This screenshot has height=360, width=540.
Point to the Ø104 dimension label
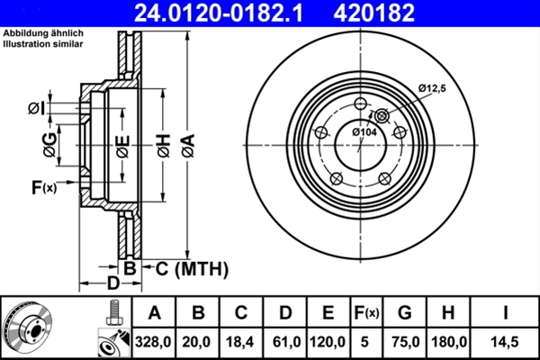click(364, 132)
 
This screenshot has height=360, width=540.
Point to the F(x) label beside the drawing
click(43, 187)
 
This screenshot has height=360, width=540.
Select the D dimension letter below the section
click(112, 284)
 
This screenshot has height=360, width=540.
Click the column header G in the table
click(405, 313)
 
